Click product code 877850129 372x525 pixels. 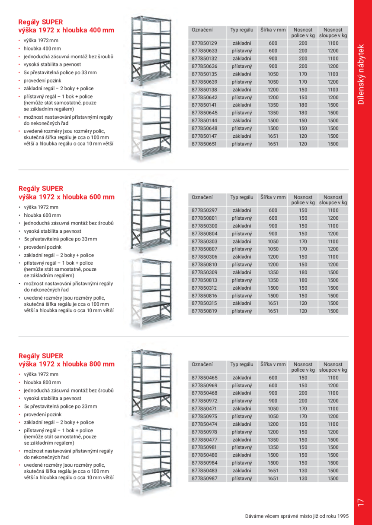pyautogui.click(x=204, y=43)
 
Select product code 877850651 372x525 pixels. pyautogui.click(x=204, y=144)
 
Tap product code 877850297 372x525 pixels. pyautogui.click(x=204, y=210)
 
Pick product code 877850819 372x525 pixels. pyautogui.click(x=204, y=311)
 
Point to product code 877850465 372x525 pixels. pyautogui.click(x=204, y=378)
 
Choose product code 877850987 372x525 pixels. pyautogui.click(x=204, y=478)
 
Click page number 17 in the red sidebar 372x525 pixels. pyautogui.click(x=361, y=502)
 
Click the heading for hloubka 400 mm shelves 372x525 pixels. pyautogui.click(x=66, y=26)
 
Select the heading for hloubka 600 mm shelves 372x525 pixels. pyautogui.click(x=66, y=193)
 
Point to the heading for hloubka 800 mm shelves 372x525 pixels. pyautogui.click(x=66, y=360)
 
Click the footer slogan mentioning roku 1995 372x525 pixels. pyautogui.click(x=296, y=516)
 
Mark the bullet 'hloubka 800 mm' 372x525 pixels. pyautogui.click(x=42, y=383)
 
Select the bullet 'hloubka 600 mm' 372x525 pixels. pyautogui.click(x=42, y=215)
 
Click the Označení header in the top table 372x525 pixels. pyautogui.click(x=202, y=30)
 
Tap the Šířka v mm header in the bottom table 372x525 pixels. pyautogui.click(x=273, y=364)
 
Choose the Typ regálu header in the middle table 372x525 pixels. pyautogui.click(x=241, y=197)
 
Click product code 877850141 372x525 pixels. pyautogui.click(x=204, y=105)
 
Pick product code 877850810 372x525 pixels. pyautogui.click(x=204, y=265)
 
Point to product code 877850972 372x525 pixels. pyautogui.click(x=204, y=401)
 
